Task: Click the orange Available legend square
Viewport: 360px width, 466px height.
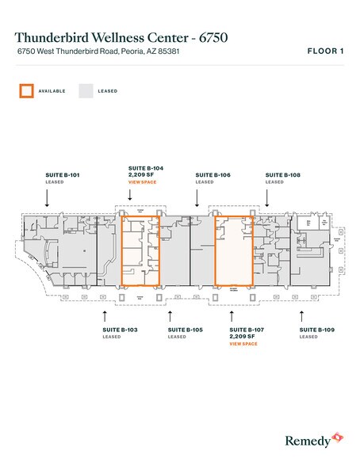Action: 26,90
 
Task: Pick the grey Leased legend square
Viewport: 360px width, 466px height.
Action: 85,90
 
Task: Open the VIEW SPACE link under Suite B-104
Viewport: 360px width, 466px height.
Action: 142,182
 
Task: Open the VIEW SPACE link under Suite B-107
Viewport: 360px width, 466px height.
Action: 243,344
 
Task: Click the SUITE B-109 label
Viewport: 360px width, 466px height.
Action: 316,329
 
